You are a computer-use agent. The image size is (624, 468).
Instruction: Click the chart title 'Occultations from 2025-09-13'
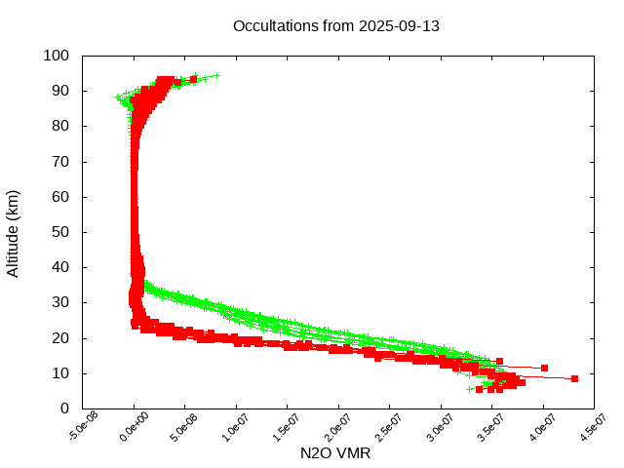(x=336, y=25)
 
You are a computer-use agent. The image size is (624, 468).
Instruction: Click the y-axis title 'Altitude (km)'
(x=13, y=232)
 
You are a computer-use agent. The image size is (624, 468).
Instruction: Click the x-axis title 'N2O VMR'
(x=335, y=452)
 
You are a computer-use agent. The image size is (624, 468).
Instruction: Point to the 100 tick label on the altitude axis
(x=56, y=56)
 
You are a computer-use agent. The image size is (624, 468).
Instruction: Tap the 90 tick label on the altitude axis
(x=59, y=91)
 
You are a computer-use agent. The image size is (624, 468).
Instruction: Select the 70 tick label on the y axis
(x=59, y=161)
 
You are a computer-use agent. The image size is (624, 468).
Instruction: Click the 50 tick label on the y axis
(x=59, y=232)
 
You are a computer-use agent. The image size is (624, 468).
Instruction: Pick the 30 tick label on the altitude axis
(x=59, y=302)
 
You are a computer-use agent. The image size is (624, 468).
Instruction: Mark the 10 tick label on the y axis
(x=59, y=373)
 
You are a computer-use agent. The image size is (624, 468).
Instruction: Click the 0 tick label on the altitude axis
(x=63, y=409)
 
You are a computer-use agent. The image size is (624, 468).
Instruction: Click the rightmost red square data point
(x=574, y=378)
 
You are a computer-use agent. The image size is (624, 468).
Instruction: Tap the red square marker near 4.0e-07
(x=544, y=368)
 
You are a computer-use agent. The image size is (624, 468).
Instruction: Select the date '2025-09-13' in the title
(x=399, y=25)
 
